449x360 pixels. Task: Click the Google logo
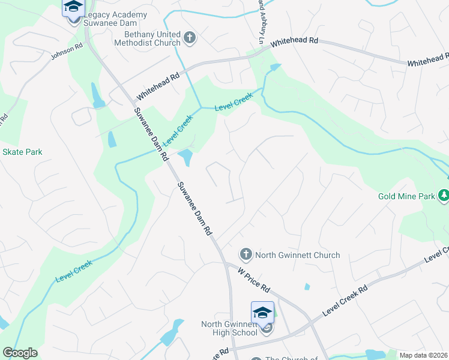click(20, 353)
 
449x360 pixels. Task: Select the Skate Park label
click(22, 152)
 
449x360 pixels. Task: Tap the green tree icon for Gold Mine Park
click(443, 195)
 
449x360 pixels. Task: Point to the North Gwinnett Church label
click(298, 255)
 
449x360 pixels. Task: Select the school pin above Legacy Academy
click(73, 8)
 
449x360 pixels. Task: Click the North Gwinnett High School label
click(229, 328)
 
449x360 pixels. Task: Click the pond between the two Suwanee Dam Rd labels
click(185, 158)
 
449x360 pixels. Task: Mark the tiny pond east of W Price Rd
click(307, 287)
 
